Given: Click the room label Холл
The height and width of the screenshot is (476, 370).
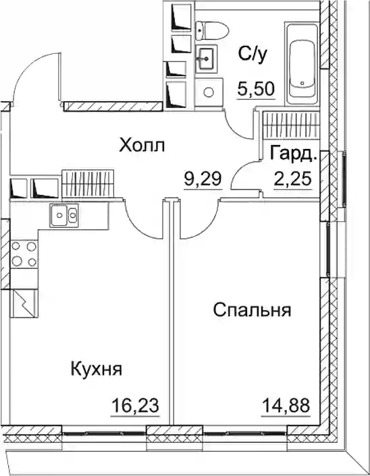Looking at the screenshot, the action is (x=142, y=145).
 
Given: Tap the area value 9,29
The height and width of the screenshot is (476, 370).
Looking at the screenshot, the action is (x=203, y=179).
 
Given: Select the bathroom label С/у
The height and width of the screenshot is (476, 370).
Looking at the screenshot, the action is (x=253, y=54).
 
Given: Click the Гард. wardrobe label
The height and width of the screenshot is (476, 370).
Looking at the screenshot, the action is (x=294, y=154).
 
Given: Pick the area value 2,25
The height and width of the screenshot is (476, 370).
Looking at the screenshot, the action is (x=293, y=179).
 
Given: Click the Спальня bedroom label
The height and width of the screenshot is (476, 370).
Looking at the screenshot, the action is (x=252, y=310).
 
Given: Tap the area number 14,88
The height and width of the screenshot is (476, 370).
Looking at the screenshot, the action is (x=286, y=405).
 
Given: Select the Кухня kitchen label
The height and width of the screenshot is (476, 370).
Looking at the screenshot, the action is (x=97, y=369).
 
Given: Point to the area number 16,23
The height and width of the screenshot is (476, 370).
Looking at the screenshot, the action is (x=135, y=405).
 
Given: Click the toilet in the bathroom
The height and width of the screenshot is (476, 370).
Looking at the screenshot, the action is (x=212, y=30).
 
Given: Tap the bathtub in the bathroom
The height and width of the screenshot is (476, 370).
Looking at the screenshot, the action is (x=302, y=65).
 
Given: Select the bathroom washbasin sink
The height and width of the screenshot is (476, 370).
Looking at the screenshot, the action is (x=207, y=59).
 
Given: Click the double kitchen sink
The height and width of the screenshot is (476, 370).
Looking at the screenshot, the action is (x=64, y=215).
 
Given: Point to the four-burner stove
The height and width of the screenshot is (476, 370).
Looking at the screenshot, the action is (x=24, y=254).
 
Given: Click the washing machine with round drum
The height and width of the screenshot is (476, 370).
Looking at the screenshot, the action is (x=209, y=92).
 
